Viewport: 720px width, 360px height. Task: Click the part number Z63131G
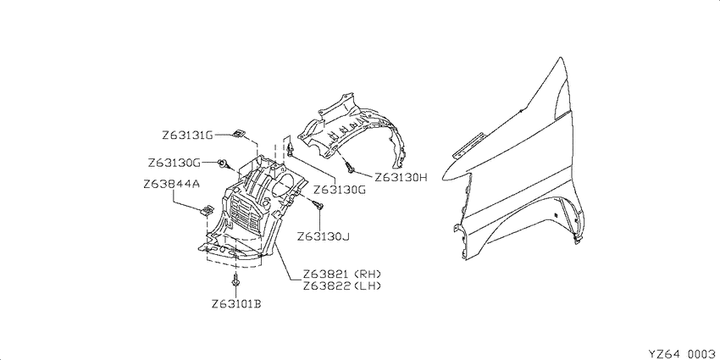[187, 136]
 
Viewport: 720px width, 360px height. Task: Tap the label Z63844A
[171, 184]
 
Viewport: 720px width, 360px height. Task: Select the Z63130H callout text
[401, 177]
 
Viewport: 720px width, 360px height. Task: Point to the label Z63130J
[324, 237]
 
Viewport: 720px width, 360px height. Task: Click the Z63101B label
[236, 304]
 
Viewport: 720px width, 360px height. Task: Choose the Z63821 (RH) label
[342, 274]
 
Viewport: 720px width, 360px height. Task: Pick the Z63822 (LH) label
[342, 285]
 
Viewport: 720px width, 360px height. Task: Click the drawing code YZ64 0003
[682, 353]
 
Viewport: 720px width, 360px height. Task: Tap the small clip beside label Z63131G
[238, 133]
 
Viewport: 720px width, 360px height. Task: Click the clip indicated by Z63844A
[208, 210]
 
